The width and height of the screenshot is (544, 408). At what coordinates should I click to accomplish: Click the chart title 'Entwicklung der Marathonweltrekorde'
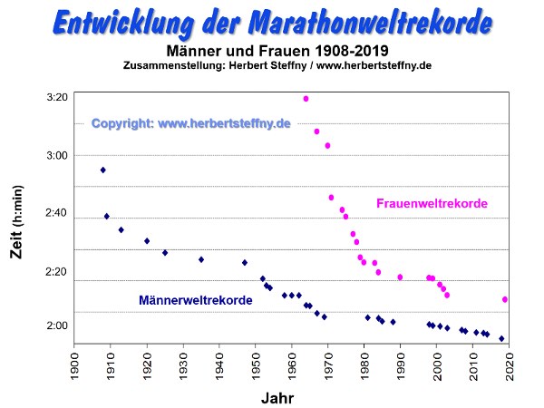pyautogui.click(x=272, y=22)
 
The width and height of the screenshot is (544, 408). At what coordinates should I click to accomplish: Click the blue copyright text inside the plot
pyautogui.click(x=190, y=123)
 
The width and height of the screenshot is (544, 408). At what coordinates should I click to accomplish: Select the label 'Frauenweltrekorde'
pyautogui.click(x=432, y=204)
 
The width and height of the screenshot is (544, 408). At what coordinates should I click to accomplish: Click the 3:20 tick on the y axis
pyautogui.click(x=55, y=97)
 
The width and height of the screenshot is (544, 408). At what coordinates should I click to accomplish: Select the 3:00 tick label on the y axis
pyautogui.click(x=55, y=155)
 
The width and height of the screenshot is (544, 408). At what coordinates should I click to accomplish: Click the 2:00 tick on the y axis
pyautogui.click(x=55, y=326)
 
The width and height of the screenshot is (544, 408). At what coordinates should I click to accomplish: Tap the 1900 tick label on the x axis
pyautogui.click(x=74, y=365)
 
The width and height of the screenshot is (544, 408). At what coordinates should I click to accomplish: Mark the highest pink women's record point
pyautogui.click(x=306, y=99)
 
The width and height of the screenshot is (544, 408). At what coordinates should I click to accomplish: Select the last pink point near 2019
pyautogui.click(x=505, y=299)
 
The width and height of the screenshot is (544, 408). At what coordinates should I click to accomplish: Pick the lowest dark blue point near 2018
pyautogui.click(x=501, y=338)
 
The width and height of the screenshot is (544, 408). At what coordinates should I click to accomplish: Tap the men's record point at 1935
pyautogui.click(x=201, y=259)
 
